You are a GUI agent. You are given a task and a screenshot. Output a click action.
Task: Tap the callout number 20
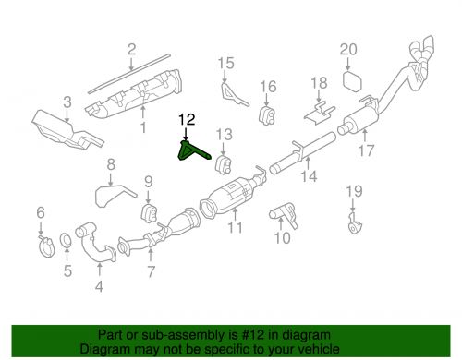(347, 49)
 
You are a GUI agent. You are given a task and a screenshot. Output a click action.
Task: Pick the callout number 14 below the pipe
(308, 175)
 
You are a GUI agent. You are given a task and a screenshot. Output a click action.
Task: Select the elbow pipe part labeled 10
(282, 217)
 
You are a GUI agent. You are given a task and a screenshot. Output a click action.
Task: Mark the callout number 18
(318, 84)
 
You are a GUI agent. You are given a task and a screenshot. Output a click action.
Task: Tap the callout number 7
(151, 270)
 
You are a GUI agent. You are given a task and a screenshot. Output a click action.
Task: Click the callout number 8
(110, 166)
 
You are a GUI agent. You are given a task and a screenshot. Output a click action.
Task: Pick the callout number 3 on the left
(66, 102)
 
